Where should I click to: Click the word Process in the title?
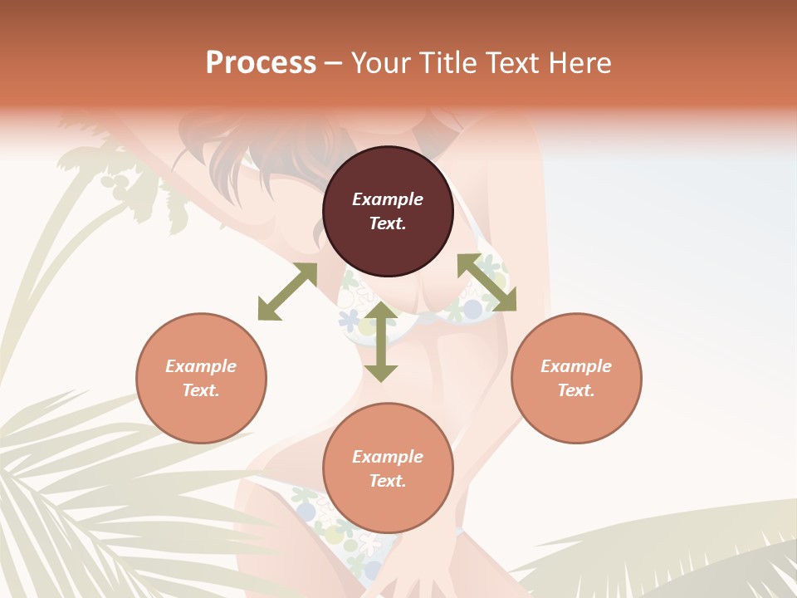pyautogui.click(x=261, y=63)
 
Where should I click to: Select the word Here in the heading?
pyautogui.click(x=581, y=63)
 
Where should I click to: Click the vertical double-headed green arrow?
pyautogui.click(x=381, y=341)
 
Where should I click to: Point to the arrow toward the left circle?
pyautogui.click(x=287, y=292)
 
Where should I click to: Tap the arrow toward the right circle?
pyautogui.click(x=487, y=282)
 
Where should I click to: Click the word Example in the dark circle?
pyautogui.click(x=388, y=199)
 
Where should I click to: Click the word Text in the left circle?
pyautogui.click(x=201, y=390)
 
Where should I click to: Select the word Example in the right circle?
pyautogui.click(x=576, y=366)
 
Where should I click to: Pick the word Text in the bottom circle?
pyautogui.click(x=388, y=481)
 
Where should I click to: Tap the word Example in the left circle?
pyautogui.click(x=201, y=366)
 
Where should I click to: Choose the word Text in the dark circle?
pyautogui.click(x=388, y=223)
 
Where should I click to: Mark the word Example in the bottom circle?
pyautogui.click(x=388, y=457)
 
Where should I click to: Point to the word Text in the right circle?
pyautogui.click(x=576, y=390)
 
